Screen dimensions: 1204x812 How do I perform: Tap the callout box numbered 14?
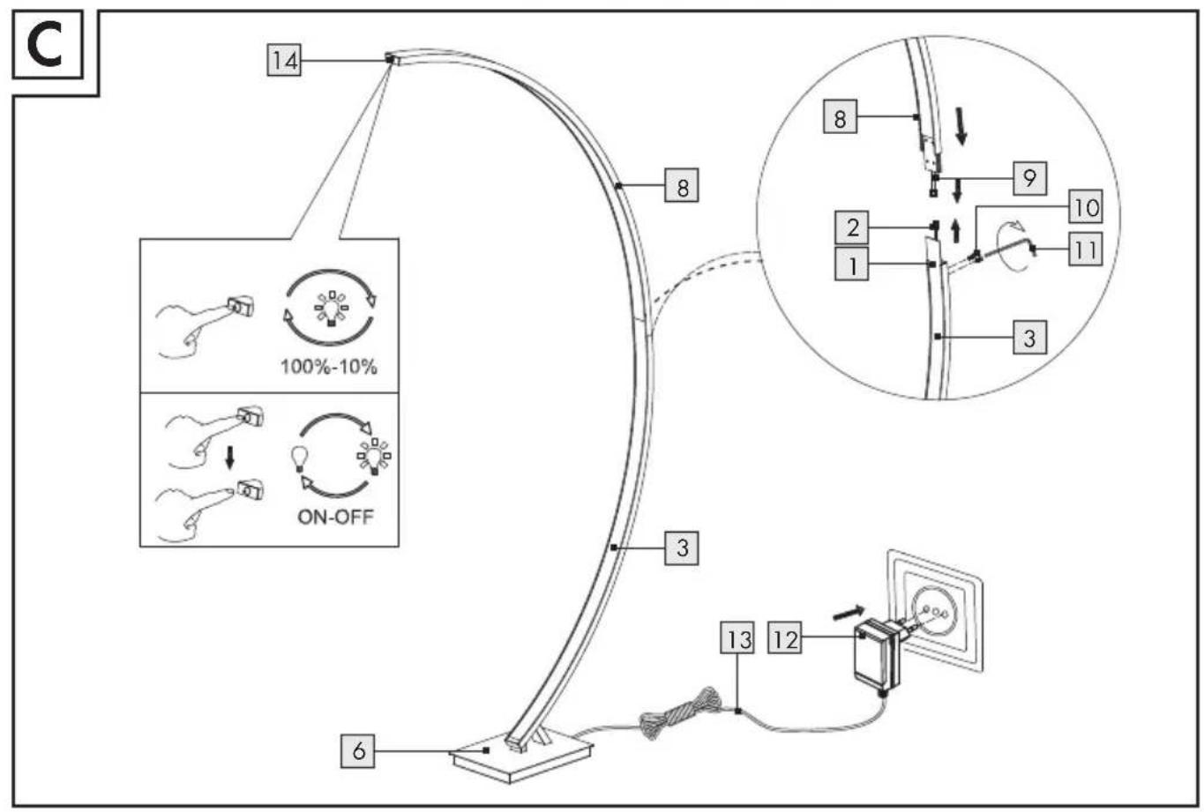tap(284, 60)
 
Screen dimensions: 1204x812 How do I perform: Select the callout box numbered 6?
tap(358, 751)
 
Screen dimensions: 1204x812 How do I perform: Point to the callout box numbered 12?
tap(785, 638)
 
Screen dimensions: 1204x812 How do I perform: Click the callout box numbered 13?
tap(737, 638)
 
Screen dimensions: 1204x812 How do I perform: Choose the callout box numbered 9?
tap(1030, 178)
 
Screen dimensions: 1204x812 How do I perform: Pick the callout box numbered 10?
tap(1087, 206)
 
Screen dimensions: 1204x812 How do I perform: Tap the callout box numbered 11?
tap(1087, 250)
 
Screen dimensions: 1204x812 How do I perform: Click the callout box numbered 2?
tap(852, 227)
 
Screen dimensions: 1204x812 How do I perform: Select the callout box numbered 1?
tap(852, 264)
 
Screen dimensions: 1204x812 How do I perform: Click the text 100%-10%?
tap(329, 367)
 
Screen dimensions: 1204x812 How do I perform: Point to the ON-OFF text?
tap(335, 517)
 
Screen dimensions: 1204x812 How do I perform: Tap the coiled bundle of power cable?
tap(681, 712)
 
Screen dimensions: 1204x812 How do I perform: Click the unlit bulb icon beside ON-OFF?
tap(299, 458)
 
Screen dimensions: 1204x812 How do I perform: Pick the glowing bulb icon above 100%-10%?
tap(331, 308)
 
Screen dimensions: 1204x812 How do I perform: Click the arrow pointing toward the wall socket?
tap(849, 613)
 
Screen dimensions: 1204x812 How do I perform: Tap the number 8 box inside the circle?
tap(840, 116)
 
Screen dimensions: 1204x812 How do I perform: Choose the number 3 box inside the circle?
tap(1030, 337)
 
